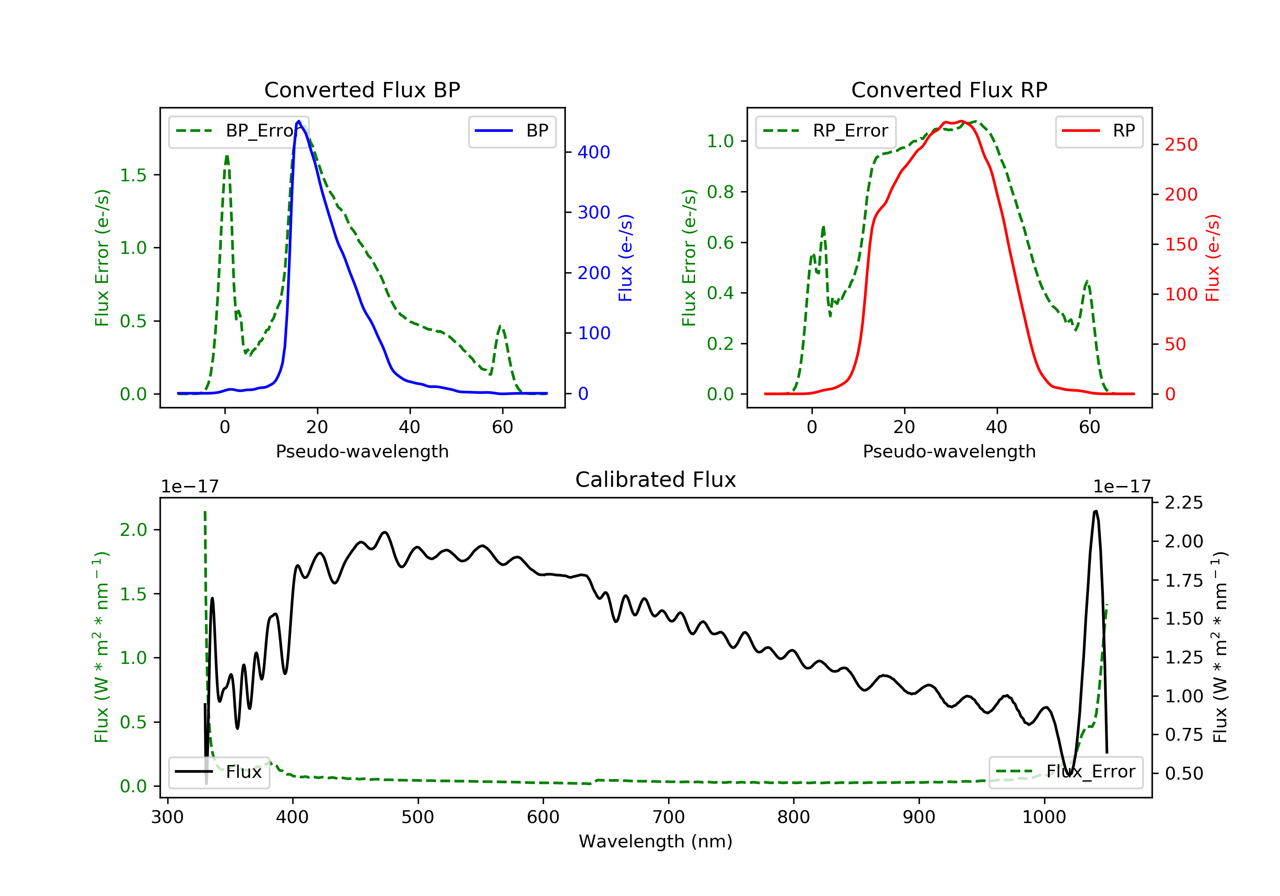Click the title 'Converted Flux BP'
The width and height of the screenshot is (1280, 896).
point(362,90)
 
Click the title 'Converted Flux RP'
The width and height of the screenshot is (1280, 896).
point(949,90)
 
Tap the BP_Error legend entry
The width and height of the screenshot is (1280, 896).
point(238,131)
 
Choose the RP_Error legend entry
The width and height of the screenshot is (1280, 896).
point(825,131)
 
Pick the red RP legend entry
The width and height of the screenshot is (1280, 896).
point(1098,131)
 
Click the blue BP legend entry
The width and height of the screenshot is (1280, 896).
point(512,131)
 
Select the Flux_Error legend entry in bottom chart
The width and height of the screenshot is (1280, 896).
point(1065,772)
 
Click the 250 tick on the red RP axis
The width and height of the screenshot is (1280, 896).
point(1181,145)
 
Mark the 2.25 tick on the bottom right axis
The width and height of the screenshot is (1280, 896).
point(1184,503)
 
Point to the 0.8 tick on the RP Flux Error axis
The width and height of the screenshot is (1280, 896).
point(720,192)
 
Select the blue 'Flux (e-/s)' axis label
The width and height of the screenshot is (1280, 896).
point(625,258)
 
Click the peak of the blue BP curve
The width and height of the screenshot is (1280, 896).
point(299,122)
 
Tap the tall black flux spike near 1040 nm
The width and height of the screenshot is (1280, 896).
point(1096,512)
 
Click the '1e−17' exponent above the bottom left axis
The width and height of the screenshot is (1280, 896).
point(189,487)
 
